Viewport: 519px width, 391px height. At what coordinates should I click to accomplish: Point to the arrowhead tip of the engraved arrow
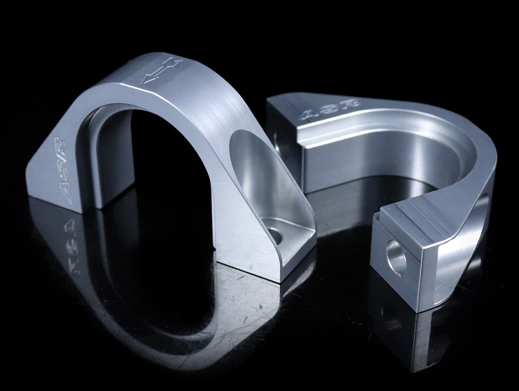coord(141,84)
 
